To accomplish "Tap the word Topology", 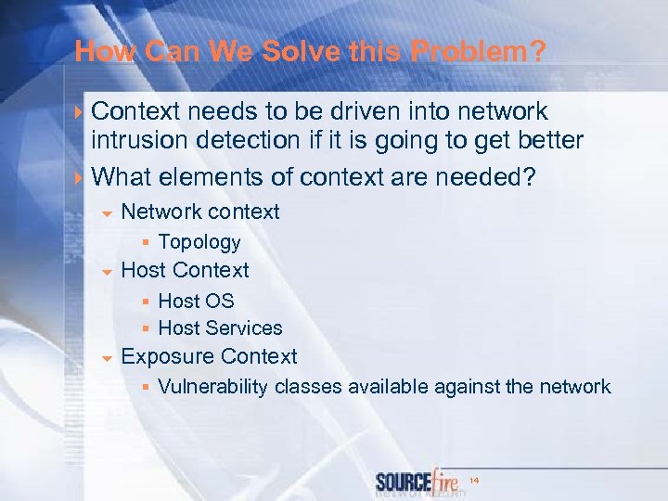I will click(199, 242).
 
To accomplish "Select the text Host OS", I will click(196, 301).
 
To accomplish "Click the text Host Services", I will click(220, 328).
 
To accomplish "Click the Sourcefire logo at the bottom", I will click(418, 482).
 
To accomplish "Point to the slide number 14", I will click(474, 480).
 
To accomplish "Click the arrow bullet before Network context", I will click(107, 213).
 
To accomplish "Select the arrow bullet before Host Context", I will click(107, 272).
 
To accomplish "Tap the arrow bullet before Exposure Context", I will click(107, 358).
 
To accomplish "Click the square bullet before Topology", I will click(146, 243).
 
